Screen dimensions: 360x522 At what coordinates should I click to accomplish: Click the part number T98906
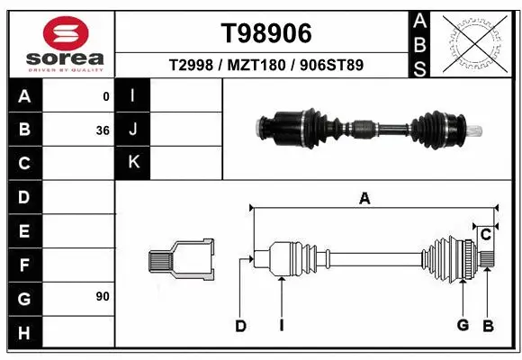point(266,33)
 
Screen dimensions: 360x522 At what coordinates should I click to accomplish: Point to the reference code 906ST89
point(332,66)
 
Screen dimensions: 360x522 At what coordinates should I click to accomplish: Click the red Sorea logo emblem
point(58,33)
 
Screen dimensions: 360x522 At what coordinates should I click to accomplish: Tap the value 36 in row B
point(103,130)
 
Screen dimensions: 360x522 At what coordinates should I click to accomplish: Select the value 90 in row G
point(103,296)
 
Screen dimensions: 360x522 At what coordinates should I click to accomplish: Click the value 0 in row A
point(106,96)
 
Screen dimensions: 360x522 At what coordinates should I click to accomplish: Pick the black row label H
point(24,333)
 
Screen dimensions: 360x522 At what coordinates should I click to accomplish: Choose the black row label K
point(133,163)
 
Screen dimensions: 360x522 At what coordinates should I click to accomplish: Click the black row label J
point(133,130)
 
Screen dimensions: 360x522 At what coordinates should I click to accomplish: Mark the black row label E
point(24,231)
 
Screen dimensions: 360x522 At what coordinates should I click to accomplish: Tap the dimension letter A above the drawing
point(364,200)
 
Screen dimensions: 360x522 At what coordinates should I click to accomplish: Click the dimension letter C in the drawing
point(486,236)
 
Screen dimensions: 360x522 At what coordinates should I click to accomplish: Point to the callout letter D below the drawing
point(240,326)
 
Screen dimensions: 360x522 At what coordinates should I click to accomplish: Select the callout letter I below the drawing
point(282,326)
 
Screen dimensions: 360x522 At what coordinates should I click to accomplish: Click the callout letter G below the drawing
point(463,326)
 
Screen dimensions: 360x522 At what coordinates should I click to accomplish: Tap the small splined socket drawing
point(181,261)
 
